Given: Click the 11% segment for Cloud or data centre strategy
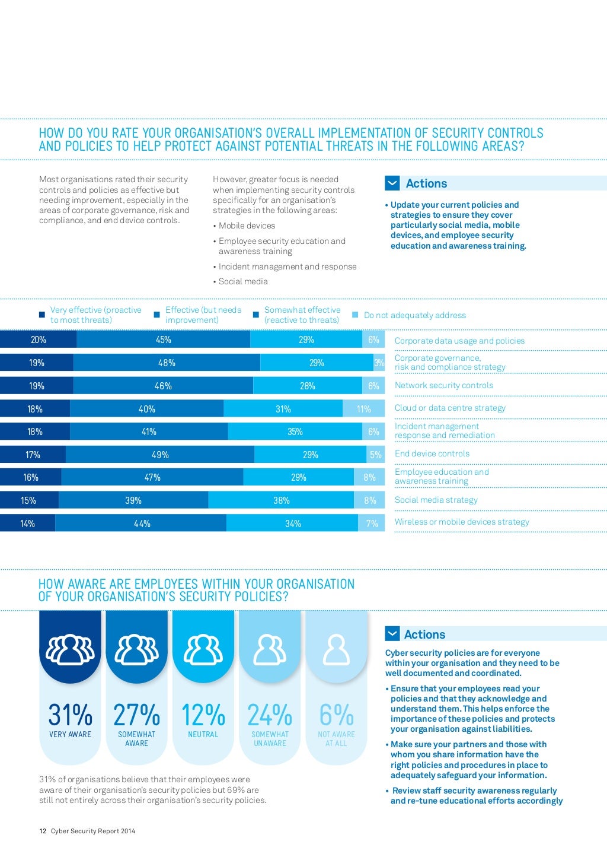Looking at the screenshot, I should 363,409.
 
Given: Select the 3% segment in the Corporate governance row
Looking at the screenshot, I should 379,363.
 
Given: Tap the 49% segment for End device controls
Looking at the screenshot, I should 160,455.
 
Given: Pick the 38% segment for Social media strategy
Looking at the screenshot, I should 281,500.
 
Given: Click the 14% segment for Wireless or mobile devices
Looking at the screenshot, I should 27,523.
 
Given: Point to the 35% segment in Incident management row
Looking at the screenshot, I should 295,431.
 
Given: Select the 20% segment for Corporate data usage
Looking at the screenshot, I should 38,339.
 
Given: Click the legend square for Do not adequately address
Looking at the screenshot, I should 355,315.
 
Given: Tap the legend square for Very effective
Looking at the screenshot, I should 41,315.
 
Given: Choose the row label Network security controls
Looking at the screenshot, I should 443,385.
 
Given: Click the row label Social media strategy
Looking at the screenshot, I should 436,500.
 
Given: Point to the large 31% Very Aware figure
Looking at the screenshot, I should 70,715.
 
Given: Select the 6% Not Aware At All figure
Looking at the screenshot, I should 336,715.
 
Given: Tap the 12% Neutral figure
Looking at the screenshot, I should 203,715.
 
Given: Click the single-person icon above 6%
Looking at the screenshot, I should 336,650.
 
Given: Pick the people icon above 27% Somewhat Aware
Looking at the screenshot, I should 136,650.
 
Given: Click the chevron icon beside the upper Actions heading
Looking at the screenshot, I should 392,183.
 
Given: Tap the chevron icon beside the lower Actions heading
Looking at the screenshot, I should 392,634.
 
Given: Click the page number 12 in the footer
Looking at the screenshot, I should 43,831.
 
